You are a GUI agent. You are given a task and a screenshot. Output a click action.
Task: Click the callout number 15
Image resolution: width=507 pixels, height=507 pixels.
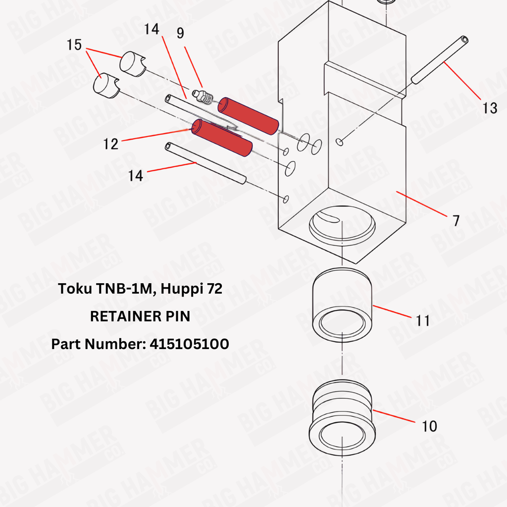(74, 45)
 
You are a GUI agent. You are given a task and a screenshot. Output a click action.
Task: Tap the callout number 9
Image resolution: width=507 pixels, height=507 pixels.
(180, 33)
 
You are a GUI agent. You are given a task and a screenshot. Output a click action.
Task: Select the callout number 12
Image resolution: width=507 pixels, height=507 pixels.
(110, 144)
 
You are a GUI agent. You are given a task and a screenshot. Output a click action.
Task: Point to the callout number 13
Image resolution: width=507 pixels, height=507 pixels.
(490, 108)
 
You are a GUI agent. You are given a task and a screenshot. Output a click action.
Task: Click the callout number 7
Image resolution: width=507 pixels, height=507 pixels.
(456, 220)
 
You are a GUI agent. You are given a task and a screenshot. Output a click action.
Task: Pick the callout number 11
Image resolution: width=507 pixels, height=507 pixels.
(423, 320)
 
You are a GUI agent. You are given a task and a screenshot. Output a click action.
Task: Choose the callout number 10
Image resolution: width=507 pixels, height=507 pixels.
(429, 426)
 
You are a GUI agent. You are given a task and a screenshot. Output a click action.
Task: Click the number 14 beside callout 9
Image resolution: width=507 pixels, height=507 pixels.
(152, 29)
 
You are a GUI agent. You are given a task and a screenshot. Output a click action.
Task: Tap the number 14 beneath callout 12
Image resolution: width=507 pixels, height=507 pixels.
(136, 176)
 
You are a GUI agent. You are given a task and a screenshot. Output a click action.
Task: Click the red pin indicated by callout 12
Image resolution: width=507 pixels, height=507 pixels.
(222, 138)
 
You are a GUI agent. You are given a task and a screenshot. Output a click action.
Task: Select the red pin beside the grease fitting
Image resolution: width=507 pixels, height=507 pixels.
(249, 116)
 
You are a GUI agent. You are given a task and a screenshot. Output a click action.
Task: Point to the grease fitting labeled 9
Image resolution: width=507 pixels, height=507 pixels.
(202, 97)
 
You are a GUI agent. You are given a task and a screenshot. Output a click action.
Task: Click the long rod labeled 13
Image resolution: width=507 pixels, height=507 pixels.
(440, 60)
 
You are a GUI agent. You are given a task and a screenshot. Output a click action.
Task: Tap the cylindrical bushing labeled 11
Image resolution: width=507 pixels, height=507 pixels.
(342, 304)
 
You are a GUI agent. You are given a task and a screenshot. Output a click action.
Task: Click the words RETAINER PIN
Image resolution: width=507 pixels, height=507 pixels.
(140, 316)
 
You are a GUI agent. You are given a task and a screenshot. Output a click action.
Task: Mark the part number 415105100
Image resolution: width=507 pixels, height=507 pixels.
(190, 344)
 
